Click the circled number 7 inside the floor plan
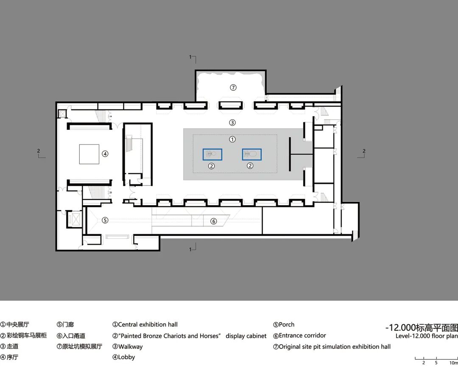tap(233, 87)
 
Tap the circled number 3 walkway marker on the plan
tap(232, 123)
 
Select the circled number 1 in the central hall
tap(232, 139)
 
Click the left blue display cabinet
tap(212, 154)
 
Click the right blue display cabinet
tap(252, 154)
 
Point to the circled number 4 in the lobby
tap(105, 153)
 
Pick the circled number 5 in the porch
tap(105, 220)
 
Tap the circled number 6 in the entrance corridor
tap(213, 221)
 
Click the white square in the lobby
tap(89, 154)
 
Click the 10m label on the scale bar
tap(453, 363)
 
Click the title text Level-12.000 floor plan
tap(427, 336)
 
